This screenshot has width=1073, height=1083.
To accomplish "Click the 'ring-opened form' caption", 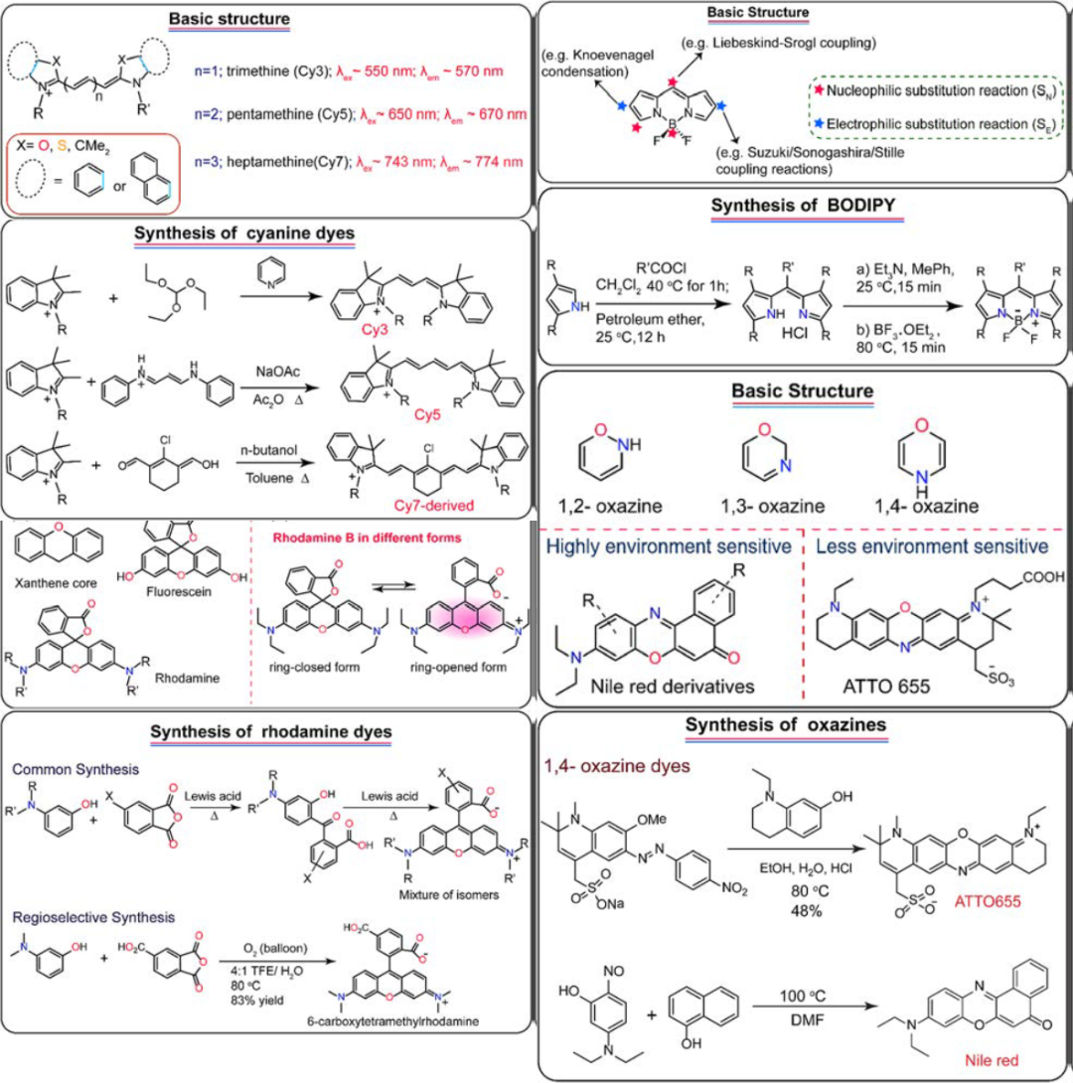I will (460, 667).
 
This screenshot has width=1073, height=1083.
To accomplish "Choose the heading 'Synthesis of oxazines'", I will (801, 726).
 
